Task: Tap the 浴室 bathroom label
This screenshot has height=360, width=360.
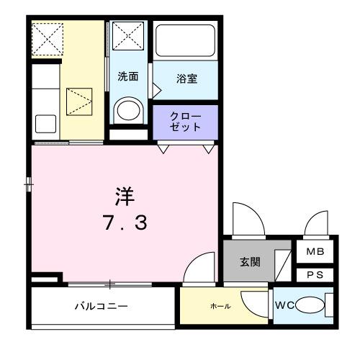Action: coord(186,78)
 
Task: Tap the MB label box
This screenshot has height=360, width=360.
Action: coord(315,252)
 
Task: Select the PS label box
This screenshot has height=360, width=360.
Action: coord(315,274)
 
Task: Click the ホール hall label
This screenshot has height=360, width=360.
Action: coord(220,307)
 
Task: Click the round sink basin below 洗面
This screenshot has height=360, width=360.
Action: coord(130,110)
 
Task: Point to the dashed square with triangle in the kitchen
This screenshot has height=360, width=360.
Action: coord(80,102)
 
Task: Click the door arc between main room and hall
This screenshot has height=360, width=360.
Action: coord(199,268)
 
